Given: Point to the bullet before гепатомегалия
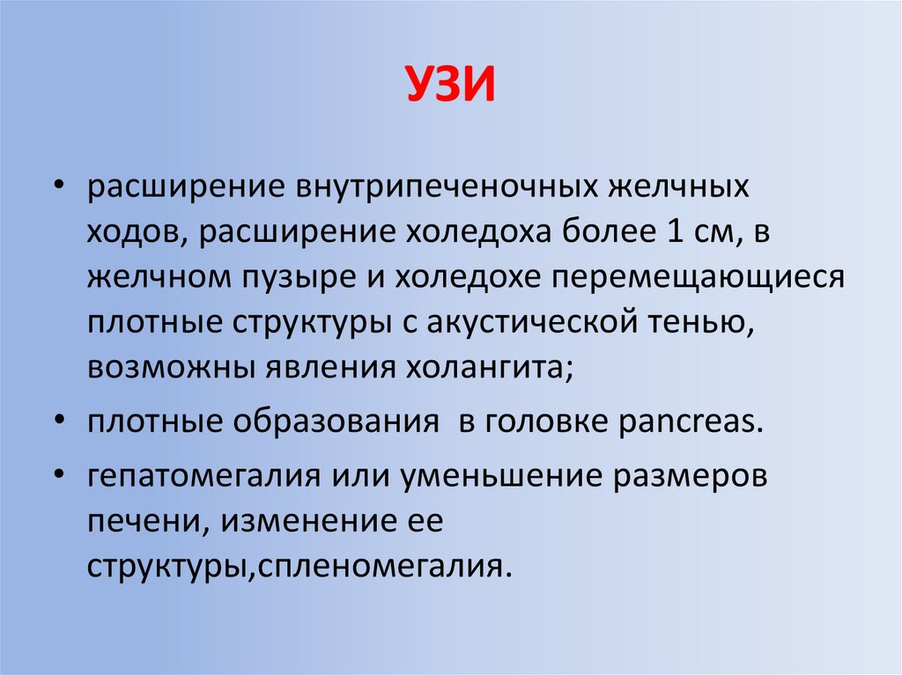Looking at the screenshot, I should [59, 475].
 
